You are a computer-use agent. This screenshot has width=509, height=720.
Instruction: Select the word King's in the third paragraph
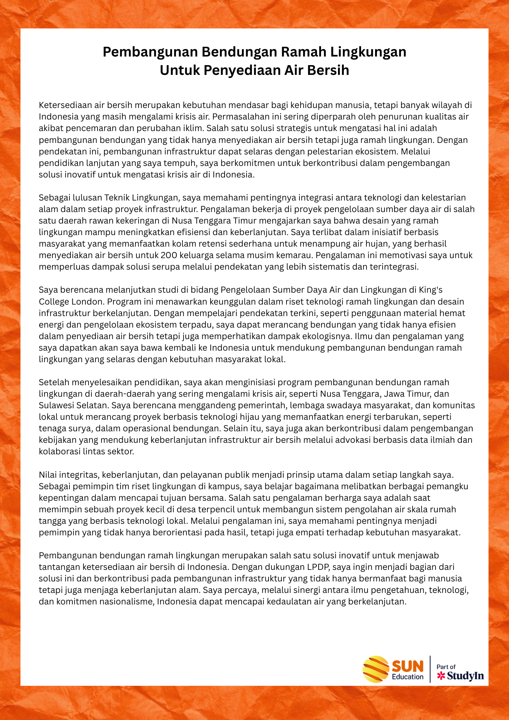(431, 290)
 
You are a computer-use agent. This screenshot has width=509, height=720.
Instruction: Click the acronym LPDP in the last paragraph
(318, 567)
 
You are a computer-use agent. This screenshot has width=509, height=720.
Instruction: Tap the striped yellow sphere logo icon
(375, 669)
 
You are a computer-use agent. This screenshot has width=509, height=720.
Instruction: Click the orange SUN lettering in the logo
(407, 666)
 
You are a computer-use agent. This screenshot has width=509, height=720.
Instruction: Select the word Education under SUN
(407, 677)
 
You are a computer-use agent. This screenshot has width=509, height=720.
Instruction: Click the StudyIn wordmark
(465, 676)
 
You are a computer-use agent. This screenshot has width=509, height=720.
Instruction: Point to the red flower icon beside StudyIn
(441, 676)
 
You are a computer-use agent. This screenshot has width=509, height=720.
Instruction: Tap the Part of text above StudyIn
(446, 667)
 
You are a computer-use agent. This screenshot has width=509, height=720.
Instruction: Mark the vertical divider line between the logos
(430, 669)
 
